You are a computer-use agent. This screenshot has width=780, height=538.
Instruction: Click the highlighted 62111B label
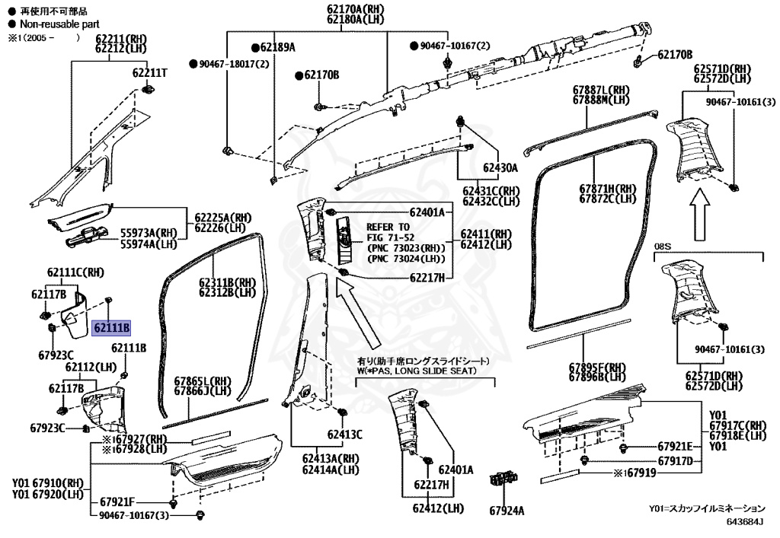pos(112,328)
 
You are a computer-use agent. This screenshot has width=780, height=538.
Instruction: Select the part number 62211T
pos(149,73)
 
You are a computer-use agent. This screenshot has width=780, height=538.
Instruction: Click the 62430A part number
pos(499,167)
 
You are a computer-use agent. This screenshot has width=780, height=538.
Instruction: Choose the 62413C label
pos(344,435)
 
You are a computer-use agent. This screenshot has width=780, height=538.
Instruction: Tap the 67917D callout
pos(675,461)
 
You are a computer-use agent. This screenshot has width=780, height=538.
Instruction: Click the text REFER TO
pos(388,227)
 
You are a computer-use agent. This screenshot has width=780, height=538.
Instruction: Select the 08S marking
pos(664,247)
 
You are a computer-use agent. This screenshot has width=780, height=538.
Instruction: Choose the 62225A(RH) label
pos(222,217)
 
